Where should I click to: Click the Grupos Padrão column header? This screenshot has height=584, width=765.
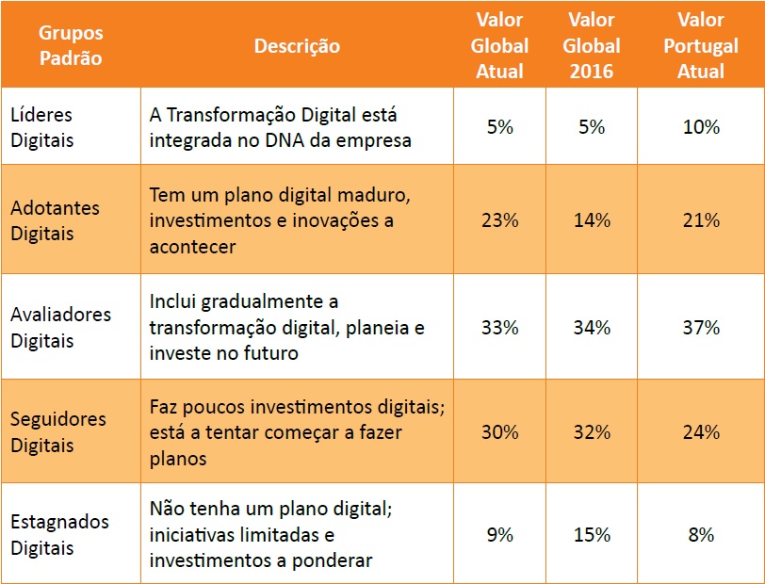[x=71, y=45]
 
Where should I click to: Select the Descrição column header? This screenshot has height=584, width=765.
[x=297, y=45]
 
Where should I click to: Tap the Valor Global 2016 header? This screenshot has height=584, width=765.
[x=592, y=45]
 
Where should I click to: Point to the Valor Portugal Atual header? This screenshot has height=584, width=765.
[x=700, y=45]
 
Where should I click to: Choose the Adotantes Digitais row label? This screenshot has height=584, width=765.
[x=55, y=219]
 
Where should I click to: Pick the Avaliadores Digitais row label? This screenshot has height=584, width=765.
[x=60, y=327]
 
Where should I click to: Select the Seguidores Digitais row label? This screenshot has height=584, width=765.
[x=58, y=431]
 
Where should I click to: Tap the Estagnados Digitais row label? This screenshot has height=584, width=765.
[x=59, y=534]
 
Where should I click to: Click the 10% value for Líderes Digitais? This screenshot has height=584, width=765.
[x=700, y=126]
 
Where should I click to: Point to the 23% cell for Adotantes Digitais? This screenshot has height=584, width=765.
[x=500, y=220]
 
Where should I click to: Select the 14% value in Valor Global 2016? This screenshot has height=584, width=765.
[x=592, y=220]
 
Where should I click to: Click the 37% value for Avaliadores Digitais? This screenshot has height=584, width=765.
[x=700, y=328]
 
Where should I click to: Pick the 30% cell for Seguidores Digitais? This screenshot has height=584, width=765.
[x=500, y=432]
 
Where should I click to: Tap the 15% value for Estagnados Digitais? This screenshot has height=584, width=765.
[x=592, y=535]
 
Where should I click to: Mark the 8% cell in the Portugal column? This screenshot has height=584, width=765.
[x=700, y=535]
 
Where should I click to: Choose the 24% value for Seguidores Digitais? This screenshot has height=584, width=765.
[x=700, y=432]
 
